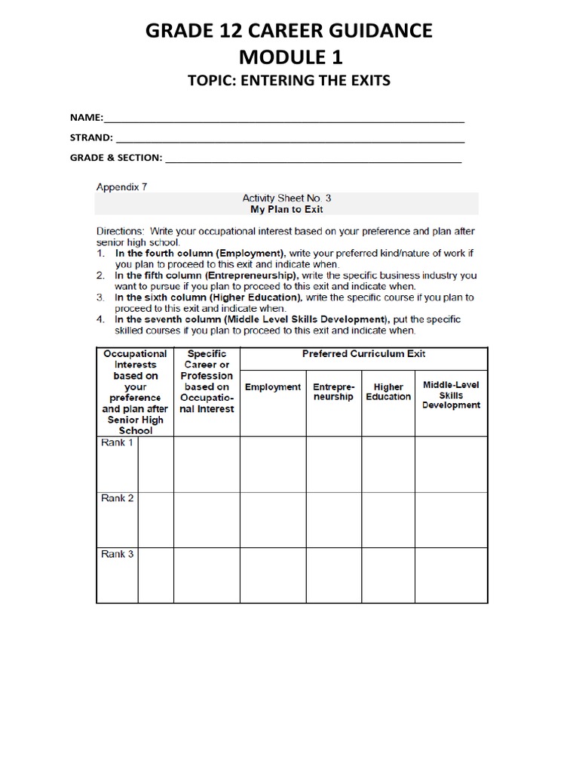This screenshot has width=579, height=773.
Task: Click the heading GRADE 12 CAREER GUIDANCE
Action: (289, 31)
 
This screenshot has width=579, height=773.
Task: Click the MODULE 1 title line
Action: (289, 57)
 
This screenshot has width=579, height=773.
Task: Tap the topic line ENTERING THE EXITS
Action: (289, 81)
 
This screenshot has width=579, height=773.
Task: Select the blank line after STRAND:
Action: (289, 138)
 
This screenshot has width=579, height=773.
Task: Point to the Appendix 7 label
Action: (121, 184)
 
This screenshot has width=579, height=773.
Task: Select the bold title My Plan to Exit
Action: (286, 209)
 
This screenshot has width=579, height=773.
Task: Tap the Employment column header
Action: (272, 387)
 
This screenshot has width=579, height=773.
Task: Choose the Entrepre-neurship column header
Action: (333, 392)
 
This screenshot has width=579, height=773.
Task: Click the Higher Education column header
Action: (388, 392)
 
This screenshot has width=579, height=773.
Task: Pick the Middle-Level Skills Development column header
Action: (451, 395)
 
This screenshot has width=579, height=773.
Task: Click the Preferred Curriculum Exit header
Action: (363, 353)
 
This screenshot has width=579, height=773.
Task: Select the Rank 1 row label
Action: (117, 443)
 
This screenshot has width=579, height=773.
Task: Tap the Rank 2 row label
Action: (117, 498)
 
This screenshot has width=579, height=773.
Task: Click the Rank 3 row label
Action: (117, 554)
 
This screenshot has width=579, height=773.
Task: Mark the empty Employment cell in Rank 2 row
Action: (272, 519)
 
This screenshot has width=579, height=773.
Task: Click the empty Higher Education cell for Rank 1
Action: (388, 463)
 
